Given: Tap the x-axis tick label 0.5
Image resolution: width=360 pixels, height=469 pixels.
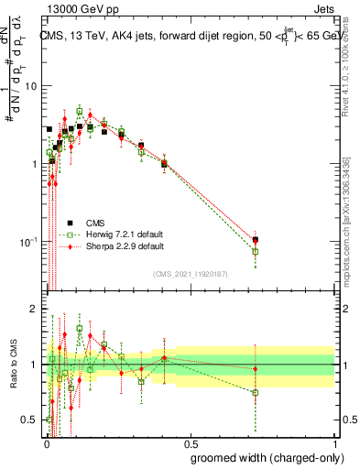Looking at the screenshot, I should tap(191, 440).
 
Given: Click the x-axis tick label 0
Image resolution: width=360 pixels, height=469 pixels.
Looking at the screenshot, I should tap(47, 440).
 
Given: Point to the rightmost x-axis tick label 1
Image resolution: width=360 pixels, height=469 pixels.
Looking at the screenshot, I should tap(334, 440).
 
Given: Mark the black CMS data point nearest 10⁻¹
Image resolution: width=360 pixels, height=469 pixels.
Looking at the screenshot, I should tap(256, 240).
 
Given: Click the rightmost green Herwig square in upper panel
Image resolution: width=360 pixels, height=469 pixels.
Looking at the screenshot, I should tap(256, 251).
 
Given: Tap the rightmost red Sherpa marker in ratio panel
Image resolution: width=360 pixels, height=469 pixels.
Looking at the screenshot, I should tap(256, 369).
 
